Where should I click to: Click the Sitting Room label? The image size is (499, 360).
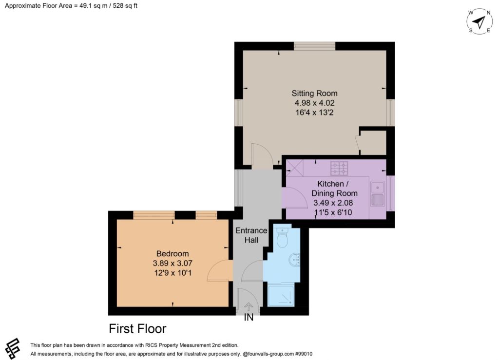[314, 93]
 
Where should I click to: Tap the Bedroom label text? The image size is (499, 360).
[173, 253]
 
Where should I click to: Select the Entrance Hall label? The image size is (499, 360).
[251, 235]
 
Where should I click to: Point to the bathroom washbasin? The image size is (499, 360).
[295, 259]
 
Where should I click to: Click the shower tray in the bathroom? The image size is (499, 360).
[281, 296]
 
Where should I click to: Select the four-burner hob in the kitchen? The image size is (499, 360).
[339, 168]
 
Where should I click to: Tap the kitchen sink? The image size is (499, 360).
[378, 193]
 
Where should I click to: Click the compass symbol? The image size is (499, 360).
[480, 21]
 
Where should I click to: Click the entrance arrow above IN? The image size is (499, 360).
[249, 306]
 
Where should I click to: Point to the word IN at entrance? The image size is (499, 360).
[249, 317]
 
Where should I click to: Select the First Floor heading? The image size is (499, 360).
[137, 328]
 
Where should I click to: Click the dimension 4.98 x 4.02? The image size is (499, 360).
[314, 103]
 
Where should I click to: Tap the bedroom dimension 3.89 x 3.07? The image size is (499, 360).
[173, 263]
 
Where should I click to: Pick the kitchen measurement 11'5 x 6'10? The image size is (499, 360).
[333, 212]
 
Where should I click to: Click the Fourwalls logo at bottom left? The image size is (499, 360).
[13, 348]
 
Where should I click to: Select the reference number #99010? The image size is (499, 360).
[304, 354]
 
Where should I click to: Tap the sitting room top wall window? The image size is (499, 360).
[314, 46]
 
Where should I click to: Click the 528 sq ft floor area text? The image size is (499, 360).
[125, 5]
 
